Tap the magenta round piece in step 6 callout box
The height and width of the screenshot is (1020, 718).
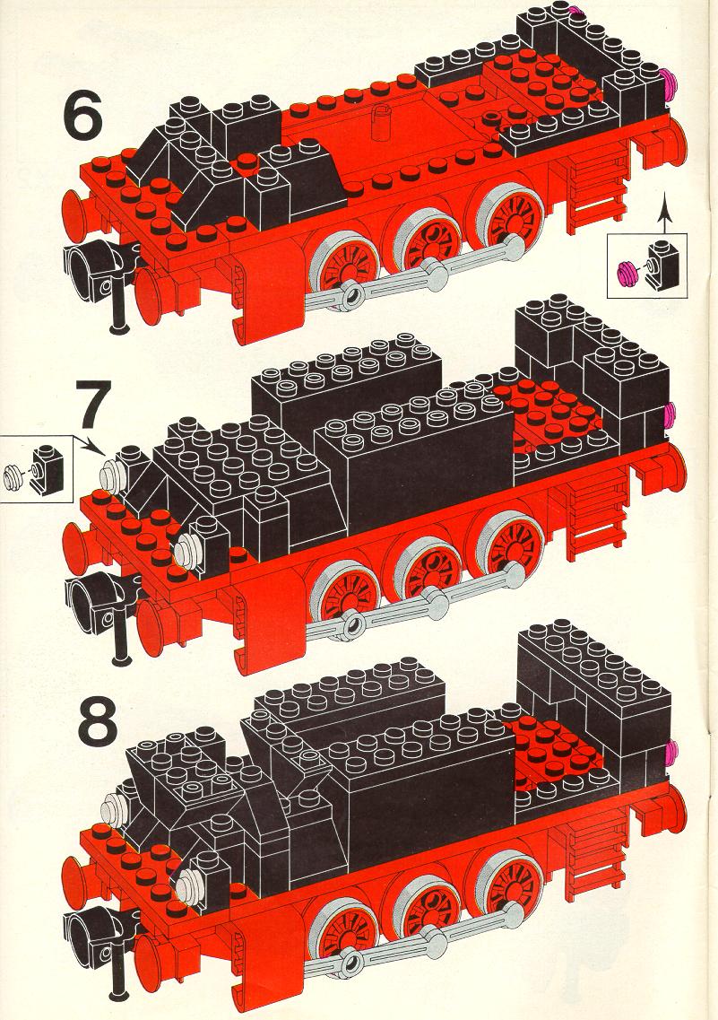628,272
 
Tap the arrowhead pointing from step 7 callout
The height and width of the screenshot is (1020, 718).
99,449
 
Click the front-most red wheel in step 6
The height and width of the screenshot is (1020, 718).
344,266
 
